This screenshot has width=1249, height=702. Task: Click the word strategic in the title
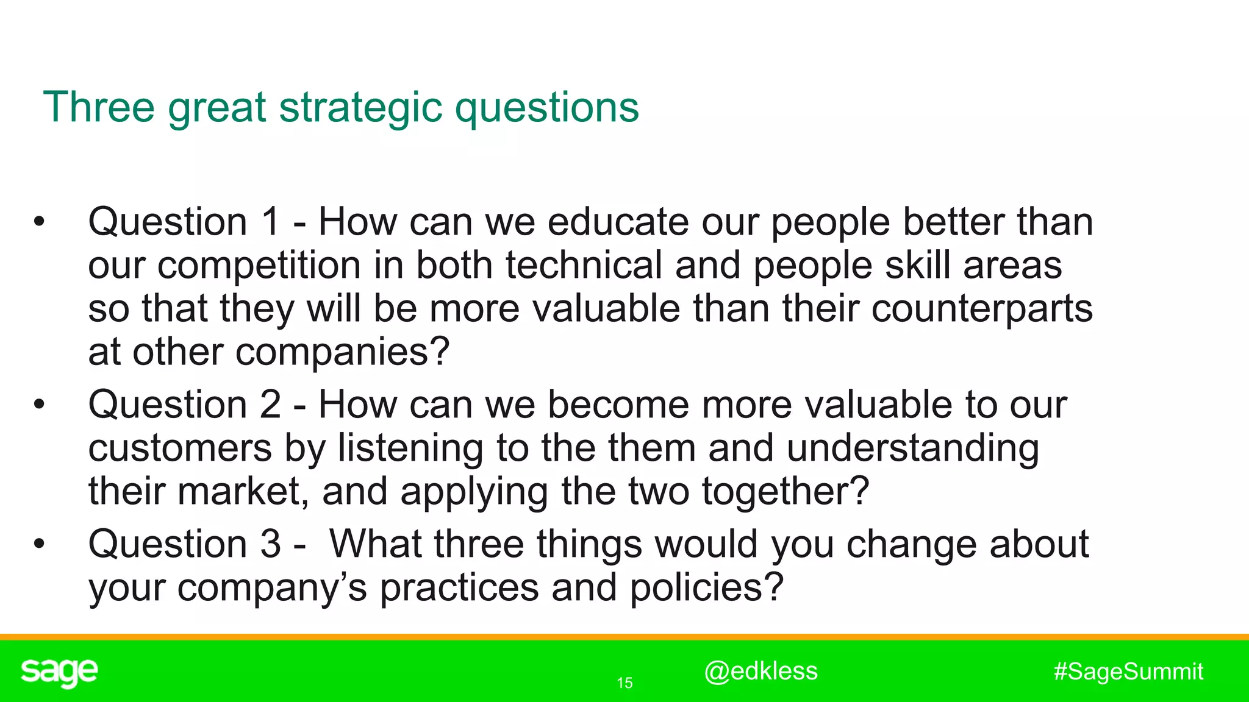(360, 108)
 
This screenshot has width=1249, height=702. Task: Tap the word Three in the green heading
(99, 107)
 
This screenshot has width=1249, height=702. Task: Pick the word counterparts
(982, 309)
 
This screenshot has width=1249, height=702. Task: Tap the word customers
(180, 448)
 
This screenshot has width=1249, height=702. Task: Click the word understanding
(913, 448)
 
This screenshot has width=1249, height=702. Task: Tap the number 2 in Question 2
(270, 405)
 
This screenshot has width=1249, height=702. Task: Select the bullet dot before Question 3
(40, 544)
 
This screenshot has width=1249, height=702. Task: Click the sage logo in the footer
(59, 672)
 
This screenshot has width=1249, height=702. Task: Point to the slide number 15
(624, 683)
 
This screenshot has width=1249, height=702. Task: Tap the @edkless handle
(760, 672)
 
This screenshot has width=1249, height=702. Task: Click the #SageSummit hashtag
(1128, 672)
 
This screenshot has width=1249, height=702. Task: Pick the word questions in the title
(547, 108)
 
